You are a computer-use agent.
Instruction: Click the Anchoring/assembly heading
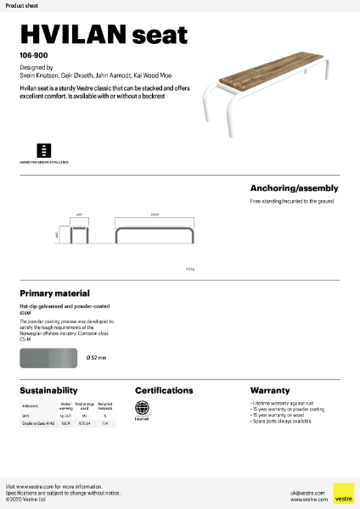pyautogui.click(x=294, y=187)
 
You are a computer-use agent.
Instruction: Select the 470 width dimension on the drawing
pyautogui.click(x=79, y=215)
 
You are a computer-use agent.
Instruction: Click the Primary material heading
pyautogui.click(x=54, y=293)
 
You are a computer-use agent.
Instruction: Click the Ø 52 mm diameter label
pyautogui.click(x=96, y=358)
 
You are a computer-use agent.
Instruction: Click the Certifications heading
pyautogui.click(x=164, y=390)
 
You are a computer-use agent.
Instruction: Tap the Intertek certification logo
pyautogui.click(x=142, y=410)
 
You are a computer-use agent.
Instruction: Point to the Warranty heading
pyautogui.click(x=270, y=390)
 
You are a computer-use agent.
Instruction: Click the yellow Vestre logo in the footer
pyautogui.click(x=343, y=493)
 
